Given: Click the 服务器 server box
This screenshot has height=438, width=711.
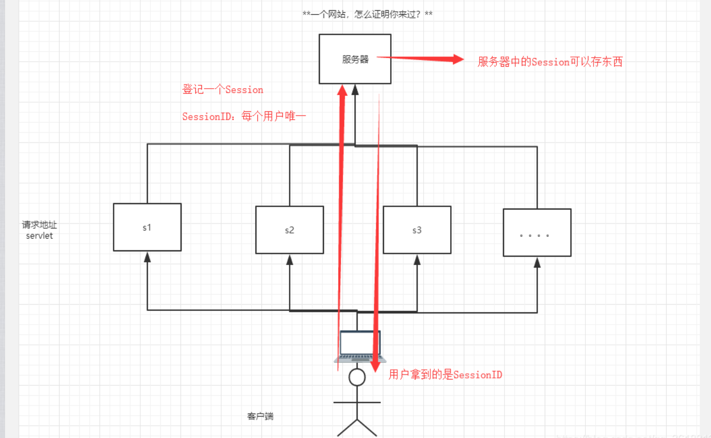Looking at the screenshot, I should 355,59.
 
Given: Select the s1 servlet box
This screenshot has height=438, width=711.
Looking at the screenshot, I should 147,227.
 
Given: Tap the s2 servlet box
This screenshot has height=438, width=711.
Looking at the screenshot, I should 289,230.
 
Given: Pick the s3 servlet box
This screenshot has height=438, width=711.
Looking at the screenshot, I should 417,230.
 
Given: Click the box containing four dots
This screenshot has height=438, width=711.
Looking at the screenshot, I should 537,232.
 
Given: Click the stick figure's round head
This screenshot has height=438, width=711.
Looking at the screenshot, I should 357,377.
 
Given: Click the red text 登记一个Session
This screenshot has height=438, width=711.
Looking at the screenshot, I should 223,90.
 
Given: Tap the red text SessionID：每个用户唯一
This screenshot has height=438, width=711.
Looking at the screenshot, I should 244,116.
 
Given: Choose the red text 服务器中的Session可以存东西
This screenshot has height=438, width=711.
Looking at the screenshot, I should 550,62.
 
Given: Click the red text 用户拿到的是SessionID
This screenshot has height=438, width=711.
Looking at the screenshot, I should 445,375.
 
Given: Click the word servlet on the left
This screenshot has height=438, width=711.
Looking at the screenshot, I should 40,236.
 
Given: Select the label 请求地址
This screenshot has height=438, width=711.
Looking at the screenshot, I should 36,225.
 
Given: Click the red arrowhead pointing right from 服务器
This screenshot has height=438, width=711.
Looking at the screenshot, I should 456,60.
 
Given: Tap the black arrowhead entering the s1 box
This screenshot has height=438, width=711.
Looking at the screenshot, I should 147,257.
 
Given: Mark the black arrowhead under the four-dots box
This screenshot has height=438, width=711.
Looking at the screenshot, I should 537,262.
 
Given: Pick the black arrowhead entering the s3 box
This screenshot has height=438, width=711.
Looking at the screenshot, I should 417,259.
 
